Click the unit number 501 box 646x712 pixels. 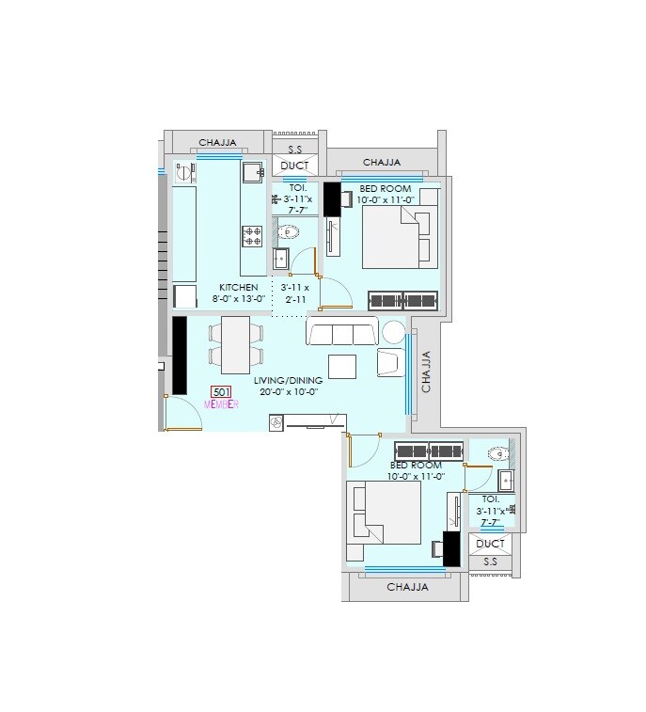pyautogui.click(x=222, y=393)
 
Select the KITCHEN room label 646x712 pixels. pyautogui.click(x=239, y=288)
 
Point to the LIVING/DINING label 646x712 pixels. pyautogui.click(x=285, y=381)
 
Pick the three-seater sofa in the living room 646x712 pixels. pyautogui.click(x=342, y=332)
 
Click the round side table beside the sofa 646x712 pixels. pyautogui.click(x=393, y=331)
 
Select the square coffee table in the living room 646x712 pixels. pyautogui.click(x=342, y=365)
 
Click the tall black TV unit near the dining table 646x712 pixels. pyautogui.click(x=179, y=355)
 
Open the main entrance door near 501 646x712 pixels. pyautogui.click(x=182, y=415)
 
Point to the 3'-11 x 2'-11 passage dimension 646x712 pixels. pyautogui.click(x=293, y=293)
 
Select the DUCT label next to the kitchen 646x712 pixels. pyautogui.click(x=294, y=166)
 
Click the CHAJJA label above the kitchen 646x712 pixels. pyautogui.click(x=217, y=144)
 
